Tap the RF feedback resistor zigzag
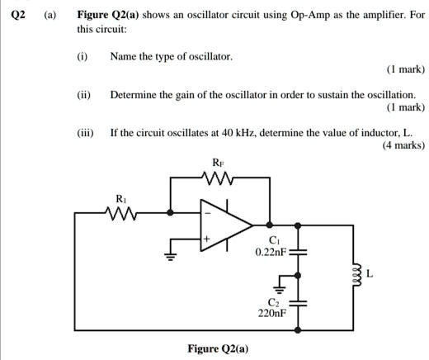pos(219,177)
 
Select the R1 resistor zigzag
pos(121,212)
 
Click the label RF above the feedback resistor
pos(219,163)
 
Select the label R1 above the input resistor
pos(121,198)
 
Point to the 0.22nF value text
pos(270,251)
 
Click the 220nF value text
pos(271,313)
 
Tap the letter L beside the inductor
pos(370,275)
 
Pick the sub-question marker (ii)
pos(82,96)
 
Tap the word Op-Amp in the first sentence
pos(314,14)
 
